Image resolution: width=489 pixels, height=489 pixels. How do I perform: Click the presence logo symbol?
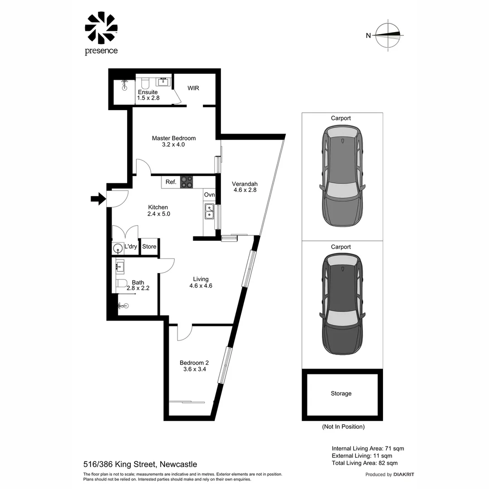click(101, 28)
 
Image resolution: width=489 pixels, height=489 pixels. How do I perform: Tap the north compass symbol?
click(388, 35)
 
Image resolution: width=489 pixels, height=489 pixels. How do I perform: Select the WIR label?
click(194, 88)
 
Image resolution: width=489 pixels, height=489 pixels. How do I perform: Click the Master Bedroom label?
click(173, 138)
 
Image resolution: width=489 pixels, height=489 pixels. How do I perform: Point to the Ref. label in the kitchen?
click(171, 182)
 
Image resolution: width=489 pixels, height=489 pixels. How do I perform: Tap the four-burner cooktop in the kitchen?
click(187, 182)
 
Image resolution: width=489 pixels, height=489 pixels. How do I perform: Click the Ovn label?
click(209, 195)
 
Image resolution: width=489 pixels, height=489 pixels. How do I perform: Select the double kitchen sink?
click(209, 211)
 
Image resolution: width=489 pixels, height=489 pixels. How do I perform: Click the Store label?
click(149, 247)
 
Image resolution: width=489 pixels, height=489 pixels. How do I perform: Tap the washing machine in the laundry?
click(118, 248)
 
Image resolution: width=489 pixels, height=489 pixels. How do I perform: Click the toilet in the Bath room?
click(121, 283)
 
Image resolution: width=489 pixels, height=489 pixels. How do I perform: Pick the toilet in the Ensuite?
click(145, 83)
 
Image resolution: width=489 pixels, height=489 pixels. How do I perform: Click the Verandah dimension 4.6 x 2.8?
click(245, 190)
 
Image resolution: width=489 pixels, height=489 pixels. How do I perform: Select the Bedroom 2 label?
click(194, 362)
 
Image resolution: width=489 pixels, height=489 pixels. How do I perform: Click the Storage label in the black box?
click(341, 393)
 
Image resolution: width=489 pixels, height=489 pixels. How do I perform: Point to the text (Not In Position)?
click(343, 427)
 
